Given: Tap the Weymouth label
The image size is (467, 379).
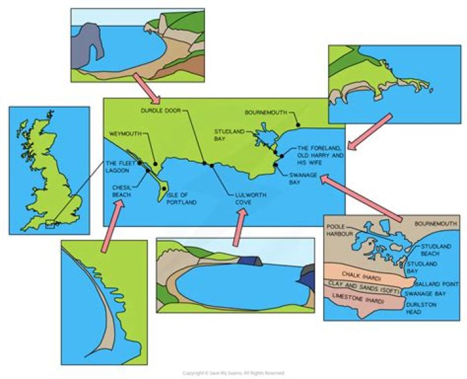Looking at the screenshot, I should click(125, 133).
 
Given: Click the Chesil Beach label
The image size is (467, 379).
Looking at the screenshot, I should click(121, 189).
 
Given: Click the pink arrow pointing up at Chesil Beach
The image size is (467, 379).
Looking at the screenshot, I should click(111, 225).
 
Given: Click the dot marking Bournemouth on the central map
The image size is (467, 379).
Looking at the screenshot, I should click(297, 124).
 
